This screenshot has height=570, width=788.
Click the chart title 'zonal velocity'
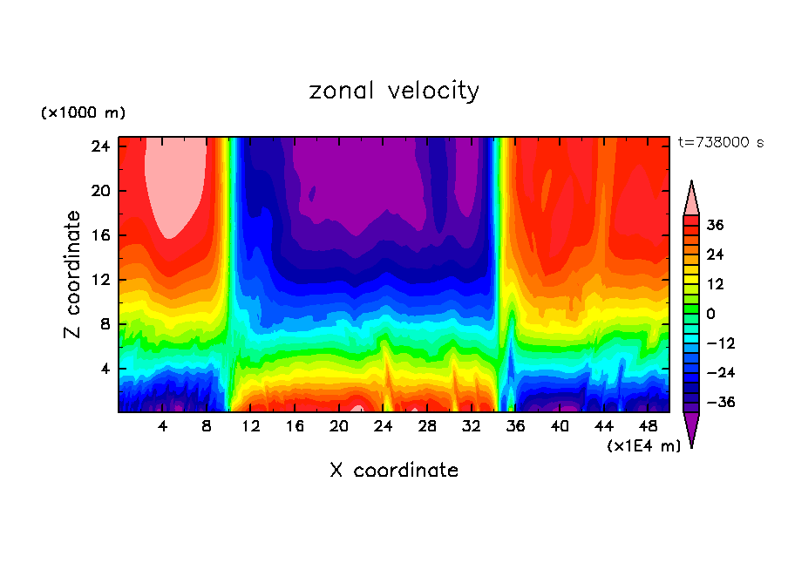click(x=394, y=91)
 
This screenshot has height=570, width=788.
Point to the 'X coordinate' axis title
click(x=394, y=471)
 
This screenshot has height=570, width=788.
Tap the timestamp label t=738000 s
click(x=720, y=143)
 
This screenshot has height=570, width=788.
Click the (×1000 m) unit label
click(x=83, y=113)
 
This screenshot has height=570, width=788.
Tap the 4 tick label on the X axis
click(x=163, y=426)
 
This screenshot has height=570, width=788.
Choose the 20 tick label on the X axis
click(x=339, y=426)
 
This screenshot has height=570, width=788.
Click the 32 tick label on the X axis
click(x=472, y=426)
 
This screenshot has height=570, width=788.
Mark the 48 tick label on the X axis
click(x=648, y=426)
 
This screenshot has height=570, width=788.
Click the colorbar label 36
click(x=716, y=225)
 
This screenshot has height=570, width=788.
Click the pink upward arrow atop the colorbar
click(x=691, y=199)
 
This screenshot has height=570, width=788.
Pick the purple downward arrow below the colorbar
click(x=691, y=429)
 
